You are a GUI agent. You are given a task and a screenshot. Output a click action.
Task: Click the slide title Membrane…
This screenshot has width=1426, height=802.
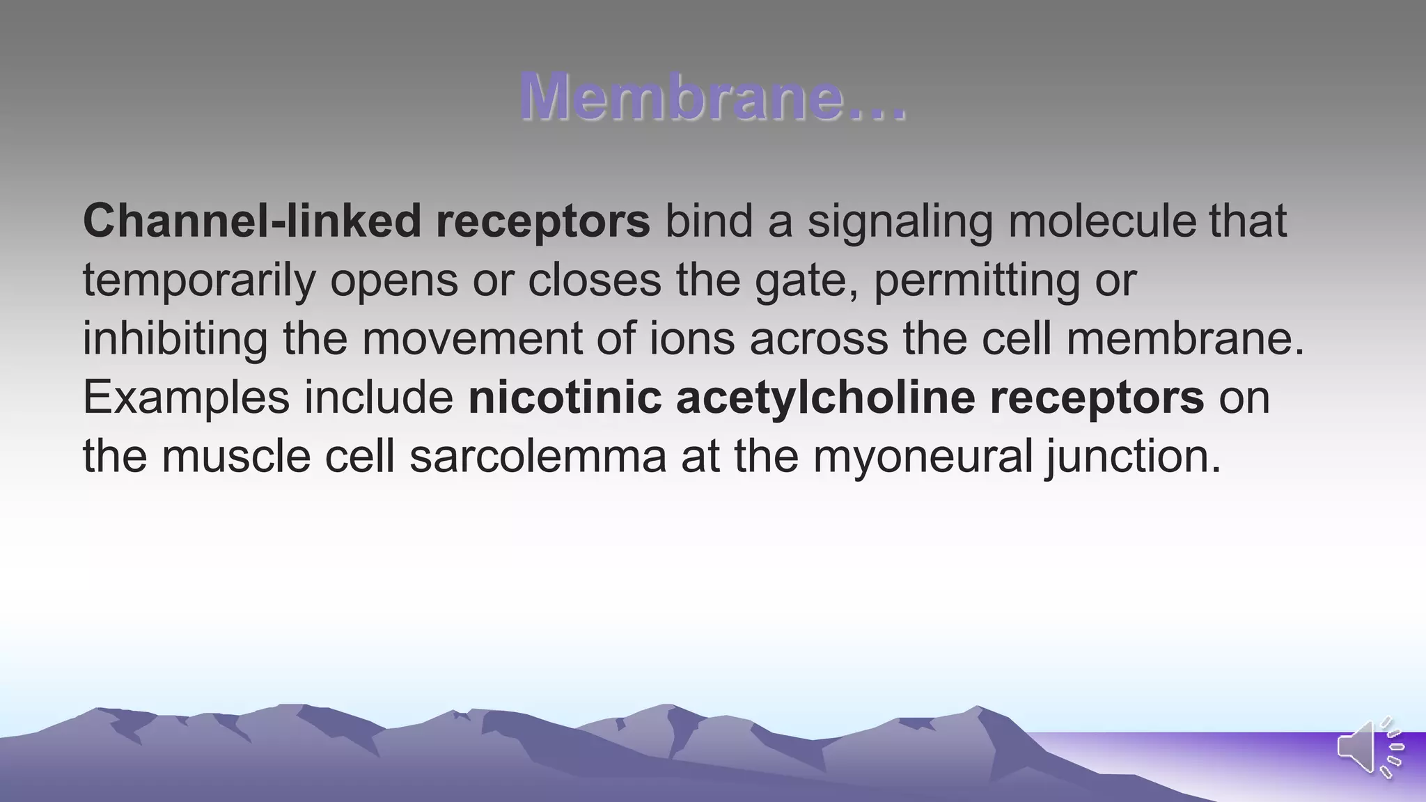tap(713, 97)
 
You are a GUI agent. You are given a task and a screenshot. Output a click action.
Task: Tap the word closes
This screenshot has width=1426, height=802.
tap(595, 280)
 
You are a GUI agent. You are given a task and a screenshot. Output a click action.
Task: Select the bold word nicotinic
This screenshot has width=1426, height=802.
tap(565, 398)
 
